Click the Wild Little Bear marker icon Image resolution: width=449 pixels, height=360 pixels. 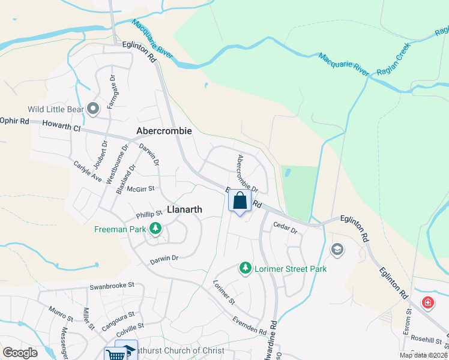(x=93, y=109)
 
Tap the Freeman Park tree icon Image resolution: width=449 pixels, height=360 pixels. (x=155, y=228)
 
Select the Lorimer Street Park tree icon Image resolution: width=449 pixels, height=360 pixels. (x=245, y=268)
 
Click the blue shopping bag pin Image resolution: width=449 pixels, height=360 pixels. (x=240, y=201)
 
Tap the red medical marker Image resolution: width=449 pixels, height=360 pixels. (x=428, y=302)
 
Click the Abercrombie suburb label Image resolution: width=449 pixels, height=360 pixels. (x=164, y=130)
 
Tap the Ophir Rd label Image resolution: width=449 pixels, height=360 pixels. (x=14, y=121)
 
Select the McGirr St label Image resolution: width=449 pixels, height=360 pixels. (x=141, y=188)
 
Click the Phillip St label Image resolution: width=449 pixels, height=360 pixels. (x=149, y=213)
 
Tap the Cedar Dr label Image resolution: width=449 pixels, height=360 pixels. (x=285, y=228)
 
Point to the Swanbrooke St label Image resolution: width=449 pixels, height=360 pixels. (x=111, y=286)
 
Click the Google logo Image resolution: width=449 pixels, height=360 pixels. (x=20, y=352)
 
